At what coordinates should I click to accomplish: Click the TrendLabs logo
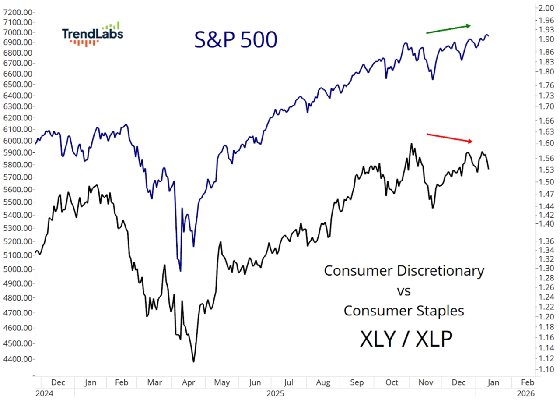[92, 34]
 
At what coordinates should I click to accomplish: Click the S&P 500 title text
[236, 40]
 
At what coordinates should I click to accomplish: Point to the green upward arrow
[448, 29]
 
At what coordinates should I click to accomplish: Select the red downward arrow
[450, 138]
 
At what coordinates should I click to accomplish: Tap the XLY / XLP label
[406, 339]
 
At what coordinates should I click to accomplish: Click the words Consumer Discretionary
[404, 270]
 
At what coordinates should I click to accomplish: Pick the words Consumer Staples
[404, 311]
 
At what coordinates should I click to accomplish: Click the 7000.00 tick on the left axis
[17, 32]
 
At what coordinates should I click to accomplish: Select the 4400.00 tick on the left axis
[17, 359]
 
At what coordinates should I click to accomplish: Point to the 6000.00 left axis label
[17, 141]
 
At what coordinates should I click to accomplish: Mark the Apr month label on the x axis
[188, 382]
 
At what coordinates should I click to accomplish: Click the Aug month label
[324, 382]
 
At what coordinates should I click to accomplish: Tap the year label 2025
[276, 393]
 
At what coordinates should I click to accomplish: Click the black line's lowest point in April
[193, 362]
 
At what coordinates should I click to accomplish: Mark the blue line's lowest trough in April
[180, 271]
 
